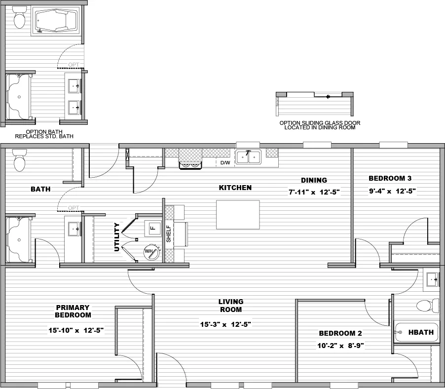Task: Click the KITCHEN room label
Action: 235,188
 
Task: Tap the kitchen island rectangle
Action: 238,214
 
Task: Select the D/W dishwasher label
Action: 225,162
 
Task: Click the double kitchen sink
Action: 248,157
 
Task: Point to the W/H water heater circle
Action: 150,252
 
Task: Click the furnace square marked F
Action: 152,228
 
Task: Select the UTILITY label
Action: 117,237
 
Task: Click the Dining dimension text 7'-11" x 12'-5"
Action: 314,192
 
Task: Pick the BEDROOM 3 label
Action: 390,178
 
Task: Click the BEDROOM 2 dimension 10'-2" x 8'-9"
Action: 341,346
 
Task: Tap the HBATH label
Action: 421,332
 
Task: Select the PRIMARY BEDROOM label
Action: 73,311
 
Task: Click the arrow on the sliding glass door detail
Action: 328,97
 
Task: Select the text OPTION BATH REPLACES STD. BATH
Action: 44,133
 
